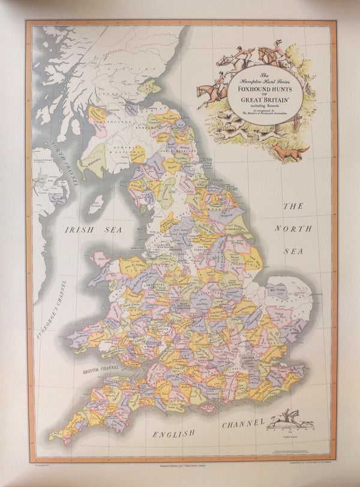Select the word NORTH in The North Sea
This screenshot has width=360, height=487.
tap(293, 229)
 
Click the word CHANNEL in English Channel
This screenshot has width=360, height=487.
tap(243, 425)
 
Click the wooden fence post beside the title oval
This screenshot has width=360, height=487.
tap(295, 122)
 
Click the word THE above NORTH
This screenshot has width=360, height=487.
tap(293, 206)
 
